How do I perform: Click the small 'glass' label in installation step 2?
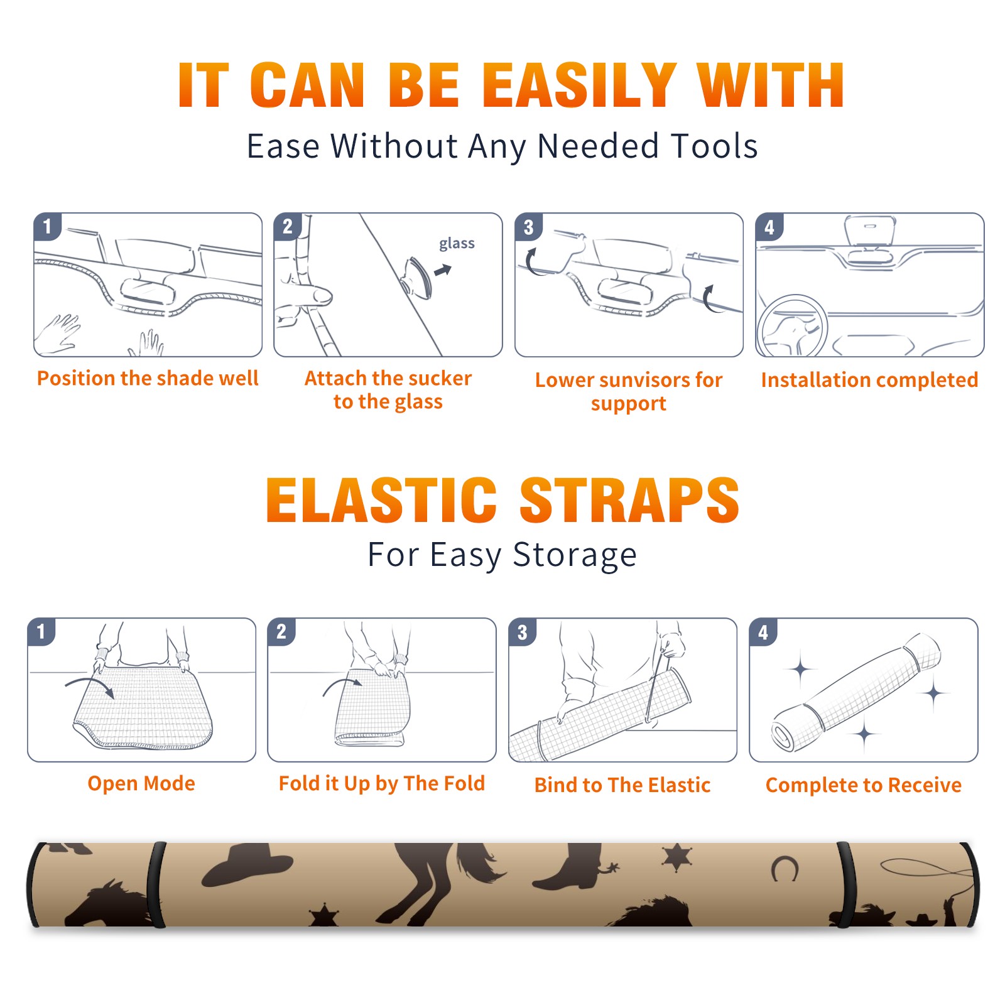click(x=457, y=244)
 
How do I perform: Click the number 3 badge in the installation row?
click(x=528, y=227)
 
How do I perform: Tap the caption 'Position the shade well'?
click(x=148, y=378)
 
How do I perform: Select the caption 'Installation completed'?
click(x=869, y=379)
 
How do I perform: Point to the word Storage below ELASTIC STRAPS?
click(x=575, y=555)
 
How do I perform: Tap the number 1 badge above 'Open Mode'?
click(x=41, y=631)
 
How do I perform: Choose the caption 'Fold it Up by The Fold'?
click(x=382, y=783)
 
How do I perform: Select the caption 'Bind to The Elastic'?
click(x=622, y=785)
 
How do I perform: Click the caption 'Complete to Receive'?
click(x=864, y=785)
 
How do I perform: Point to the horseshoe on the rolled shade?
click(x=785, y=869)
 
